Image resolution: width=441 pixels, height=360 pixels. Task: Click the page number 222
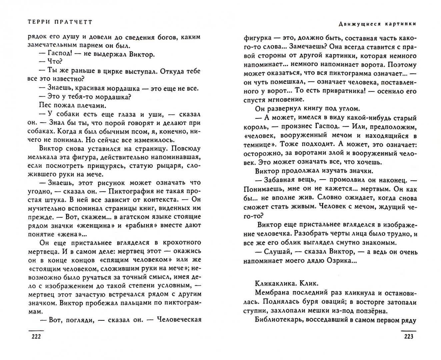[x=35, y=336]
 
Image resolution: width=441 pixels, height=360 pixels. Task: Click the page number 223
[x=408, y=336]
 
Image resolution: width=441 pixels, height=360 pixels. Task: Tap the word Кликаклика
[x=273, y=284]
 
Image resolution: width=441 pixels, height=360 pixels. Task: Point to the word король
[x=255, y=127]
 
